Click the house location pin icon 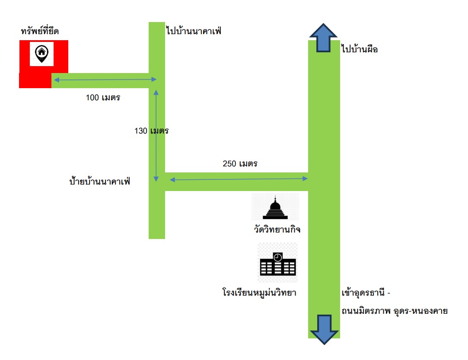(x=41, y=54)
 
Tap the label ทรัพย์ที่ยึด (x=40, y=31)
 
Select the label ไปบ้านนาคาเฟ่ (x=194, y=30)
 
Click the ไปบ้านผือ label (x=360, y=49)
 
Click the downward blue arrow (x=324, y=330)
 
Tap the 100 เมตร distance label (x=103, y=98)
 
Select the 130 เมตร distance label (x=151, y=131)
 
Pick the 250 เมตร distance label (x=240, y=164)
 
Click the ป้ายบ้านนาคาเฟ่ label (x=100, y=181)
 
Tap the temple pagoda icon (x=275, y=207)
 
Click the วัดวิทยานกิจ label (x=277, y=229)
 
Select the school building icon (x=278, y=264)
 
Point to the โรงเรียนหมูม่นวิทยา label (x=259, y=292)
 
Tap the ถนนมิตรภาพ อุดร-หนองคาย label (x=395, y=311)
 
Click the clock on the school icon (x=278, y=257)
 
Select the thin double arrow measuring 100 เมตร (x=105, y=80)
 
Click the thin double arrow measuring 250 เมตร (x=239, y=179)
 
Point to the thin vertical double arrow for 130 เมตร (x=156, y=136)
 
